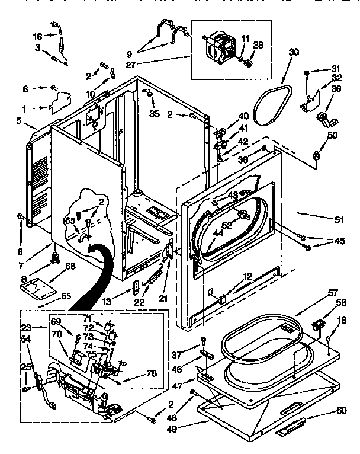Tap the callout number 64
tap(26, 338)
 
